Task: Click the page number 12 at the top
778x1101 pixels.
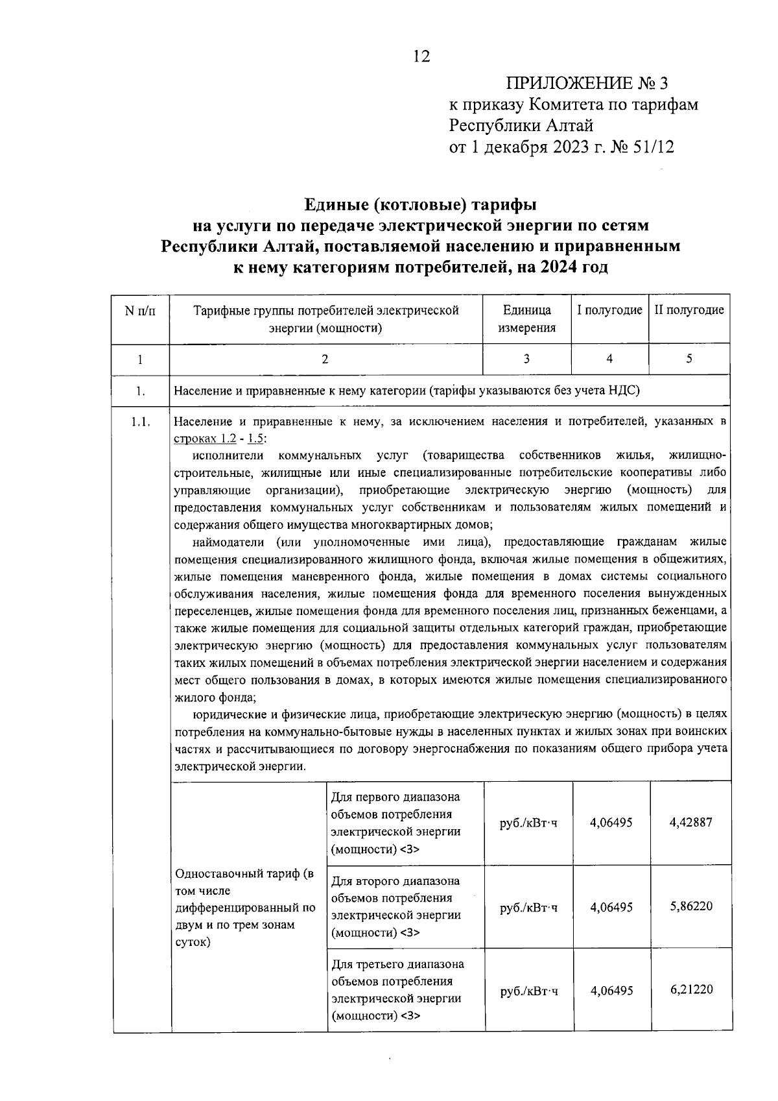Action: [421, 57]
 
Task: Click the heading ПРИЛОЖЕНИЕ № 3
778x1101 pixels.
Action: [587, 83]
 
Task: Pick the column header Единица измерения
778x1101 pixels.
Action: [526, 319]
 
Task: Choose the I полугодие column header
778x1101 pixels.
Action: [609, 310]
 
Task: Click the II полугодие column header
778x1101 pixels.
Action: [689, 310]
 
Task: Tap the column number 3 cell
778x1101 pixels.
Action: [526, 359]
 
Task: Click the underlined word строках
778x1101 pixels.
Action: [193, 439]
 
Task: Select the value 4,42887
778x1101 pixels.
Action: [690, 823]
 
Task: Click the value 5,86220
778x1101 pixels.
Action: [690, 906]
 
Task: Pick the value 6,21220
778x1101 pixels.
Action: [690, 990]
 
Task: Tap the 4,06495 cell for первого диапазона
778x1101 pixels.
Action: [611, 823]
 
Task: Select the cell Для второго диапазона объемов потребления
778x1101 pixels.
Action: [405, 906]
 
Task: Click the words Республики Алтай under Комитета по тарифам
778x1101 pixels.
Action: [521, 125]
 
